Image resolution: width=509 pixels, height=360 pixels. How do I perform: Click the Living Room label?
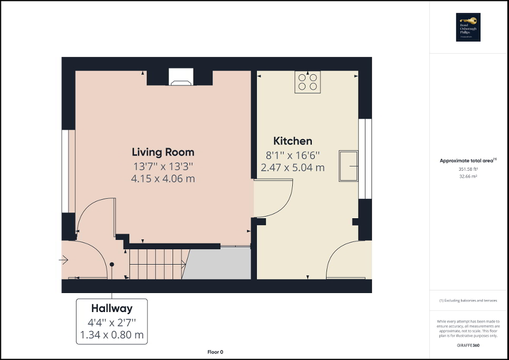tap(163, 152)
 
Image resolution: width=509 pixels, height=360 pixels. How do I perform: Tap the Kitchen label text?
tap(292, 141)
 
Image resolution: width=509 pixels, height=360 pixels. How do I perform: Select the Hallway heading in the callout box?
tap(111, 308)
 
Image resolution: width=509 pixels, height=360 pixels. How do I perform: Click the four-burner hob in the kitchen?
tap(308, 82)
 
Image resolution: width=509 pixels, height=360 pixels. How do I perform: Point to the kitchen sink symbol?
tap(348, 166)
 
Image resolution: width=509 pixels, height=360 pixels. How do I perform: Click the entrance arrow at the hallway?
tap(64, 259)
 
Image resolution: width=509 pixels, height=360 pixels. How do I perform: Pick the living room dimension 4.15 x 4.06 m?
tap(163, 179)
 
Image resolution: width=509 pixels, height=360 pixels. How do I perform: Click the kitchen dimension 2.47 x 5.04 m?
tap(292, 168)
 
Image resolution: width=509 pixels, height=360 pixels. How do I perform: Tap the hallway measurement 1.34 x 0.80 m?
tap(111, 334)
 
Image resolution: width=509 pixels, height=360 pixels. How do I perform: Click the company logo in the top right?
tap(467, 27)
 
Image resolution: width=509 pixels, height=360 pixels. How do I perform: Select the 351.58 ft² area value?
tap(468, 169)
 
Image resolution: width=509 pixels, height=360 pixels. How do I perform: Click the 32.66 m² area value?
tap(468, 177)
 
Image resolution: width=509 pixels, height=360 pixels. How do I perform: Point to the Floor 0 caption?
tap(215, 352)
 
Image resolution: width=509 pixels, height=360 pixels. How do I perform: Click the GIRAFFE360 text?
tap(468, 345)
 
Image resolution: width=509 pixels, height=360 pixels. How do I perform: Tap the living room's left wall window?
tap(65, 171)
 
